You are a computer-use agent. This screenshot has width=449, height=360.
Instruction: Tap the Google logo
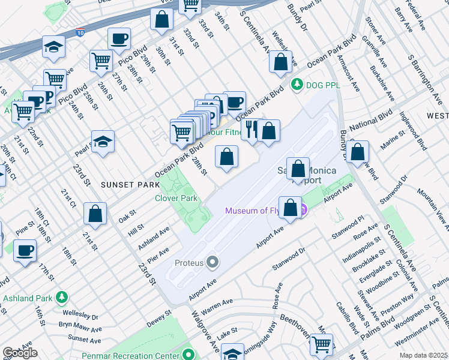coord(20,353)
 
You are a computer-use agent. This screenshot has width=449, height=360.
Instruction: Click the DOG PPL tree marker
coord(295,85)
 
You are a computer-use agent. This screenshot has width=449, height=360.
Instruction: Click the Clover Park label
coord(176,198)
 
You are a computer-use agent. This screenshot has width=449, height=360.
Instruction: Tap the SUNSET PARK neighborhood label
coord(124,185)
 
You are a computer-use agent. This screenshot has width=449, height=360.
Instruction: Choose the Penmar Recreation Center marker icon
coord(189,355)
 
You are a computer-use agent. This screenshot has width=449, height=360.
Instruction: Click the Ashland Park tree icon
coord(61,298)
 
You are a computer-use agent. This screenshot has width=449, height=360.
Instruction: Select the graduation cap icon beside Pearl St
coord(103,142)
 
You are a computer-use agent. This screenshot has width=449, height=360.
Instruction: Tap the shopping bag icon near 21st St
coord(95,213)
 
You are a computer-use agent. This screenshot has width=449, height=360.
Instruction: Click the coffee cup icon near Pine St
coord(25,250)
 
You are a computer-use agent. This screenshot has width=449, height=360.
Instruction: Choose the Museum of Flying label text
coord(261,211)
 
